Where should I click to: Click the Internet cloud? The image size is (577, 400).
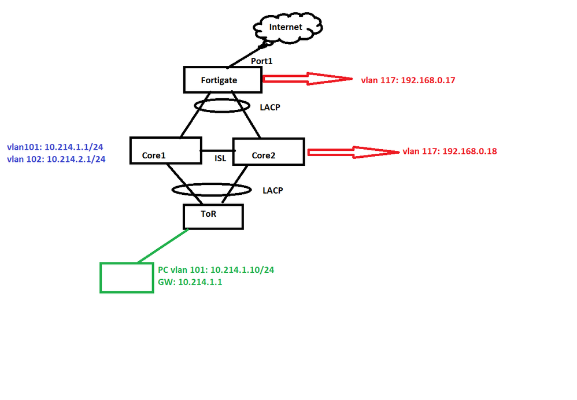tap(288, 27)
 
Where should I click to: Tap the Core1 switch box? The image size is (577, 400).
tap(165, 150)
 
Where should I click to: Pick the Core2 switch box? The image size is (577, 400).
tap(268, 151)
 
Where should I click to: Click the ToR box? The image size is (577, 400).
tap(213, 216)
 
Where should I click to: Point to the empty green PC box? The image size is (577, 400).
tap(127, 277)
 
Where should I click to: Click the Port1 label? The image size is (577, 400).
tap(262, 60)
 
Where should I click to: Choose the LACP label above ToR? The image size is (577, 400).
tap(272, 190)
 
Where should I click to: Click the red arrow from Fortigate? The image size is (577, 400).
tap(306, 79)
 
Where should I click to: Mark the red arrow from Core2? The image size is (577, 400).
tap(353, 152)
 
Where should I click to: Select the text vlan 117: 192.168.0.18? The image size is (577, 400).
tap(450, 151)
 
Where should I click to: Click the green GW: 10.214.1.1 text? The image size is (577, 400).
tap(190, 283)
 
